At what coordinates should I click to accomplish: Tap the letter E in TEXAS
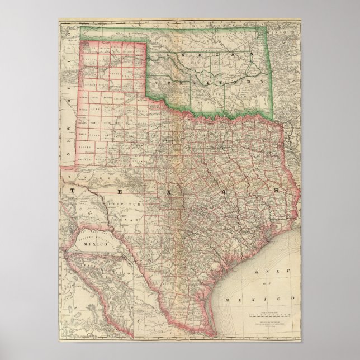(x=117, y=191)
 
